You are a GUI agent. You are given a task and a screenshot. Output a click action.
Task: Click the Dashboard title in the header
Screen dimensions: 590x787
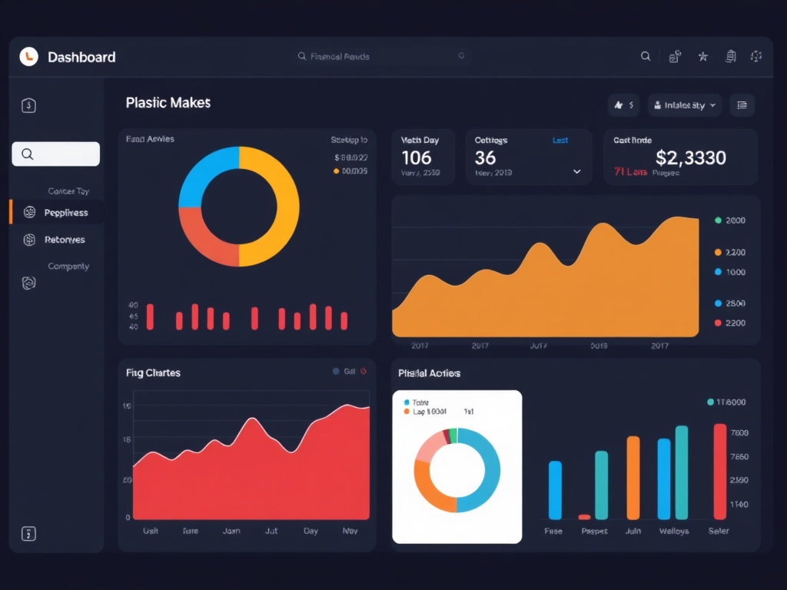pyautogui.click(x=81, y=57)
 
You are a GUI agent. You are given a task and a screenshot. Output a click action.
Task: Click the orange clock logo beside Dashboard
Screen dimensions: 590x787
pyautogui.click(x=28, y=56)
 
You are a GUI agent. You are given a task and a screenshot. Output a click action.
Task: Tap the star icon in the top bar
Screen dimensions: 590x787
pyautogui.click(x=702, y=56)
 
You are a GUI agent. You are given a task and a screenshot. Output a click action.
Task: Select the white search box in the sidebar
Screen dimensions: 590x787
pyautogui.click(x=55, y=154)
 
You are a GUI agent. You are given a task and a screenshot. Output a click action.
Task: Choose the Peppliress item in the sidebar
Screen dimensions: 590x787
pyautogui.click(x=66, y=212)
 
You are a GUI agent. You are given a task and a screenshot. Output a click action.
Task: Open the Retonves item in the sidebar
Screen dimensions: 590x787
pyautogui.click(x=65, y=240)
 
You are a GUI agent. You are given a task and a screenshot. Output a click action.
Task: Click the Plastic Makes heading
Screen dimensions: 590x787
pyautogui.click(x=168, y=102)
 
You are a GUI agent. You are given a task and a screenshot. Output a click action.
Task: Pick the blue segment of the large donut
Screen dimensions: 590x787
pyautogui.click(x=201, y=173)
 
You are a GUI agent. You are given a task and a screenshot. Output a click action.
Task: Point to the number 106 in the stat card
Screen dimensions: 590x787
pyautogui.click(x=417, y=158)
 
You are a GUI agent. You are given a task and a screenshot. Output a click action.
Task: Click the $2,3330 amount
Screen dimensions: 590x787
pyautogui.click(x=690, y=158)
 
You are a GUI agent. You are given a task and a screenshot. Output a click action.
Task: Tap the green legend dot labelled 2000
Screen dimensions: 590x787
pyautogui.click(x=718, y=220)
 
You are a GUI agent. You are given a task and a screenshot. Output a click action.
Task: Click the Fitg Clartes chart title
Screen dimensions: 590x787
pyautogui.click(x=153, y=373)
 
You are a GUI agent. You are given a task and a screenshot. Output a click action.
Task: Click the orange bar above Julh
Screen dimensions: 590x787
pyautogui.click(x=633, y=477)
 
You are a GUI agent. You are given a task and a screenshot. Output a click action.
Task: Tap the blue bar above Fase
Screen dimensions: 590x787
pyautogui.click(x=555, y=489)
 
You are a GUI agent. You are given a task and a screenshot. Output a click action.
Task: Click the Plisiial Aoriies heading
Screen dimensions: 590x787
pyautogui.click(x=429, y=373)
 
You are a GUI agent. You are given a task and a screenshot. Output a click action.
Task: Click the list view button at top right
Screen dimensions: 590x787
pyautogui.click(x=742, y=105)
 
